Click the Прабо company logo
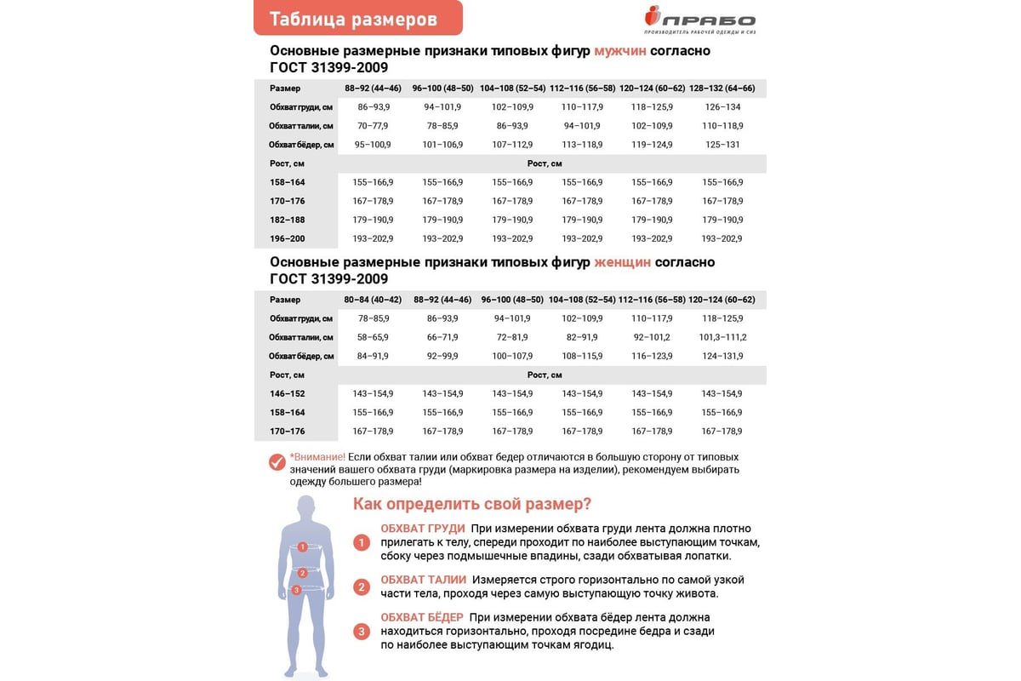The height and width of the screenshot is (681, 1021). coord(699,20)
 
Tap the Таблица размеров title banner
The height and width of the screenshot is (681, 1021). coord(357,19)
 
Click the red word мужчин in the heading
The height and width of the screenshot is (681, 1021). coord(621,51)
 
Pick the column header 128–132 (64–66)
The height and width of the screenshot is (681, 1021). coord(722,89)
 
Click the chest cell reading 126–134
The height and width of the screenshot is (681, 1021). coord(722,107)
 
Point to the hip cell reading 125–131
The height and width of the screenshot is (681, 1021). coord(722,145)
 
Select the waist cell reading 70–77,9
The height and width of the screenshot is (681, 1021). coord(373,126)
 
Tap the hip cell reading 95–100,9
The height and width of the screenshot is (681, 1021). coord(373,145)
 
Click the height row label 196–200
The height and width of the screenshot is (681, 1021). coord(288,239)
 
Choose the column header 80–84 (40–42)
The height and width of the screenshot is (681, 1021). coord(373,300)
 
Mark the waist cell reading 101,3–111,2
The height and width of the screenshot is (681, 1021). coord(722,337)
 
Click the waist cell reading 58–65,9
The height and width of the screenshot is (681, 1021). coord(373,337)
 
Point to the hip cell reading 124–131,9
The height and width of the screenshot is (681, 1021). coord(722,356)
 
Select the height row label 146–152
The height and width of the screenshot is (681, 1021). coord(288,394)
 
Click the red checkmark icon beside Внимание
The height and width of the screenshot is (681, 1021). coord(277,462)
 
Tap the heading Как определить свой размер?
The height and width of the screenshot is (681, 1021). coord(472,504)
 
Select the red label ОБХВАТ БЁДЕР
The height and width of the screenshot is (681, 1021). coord(422,617)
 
